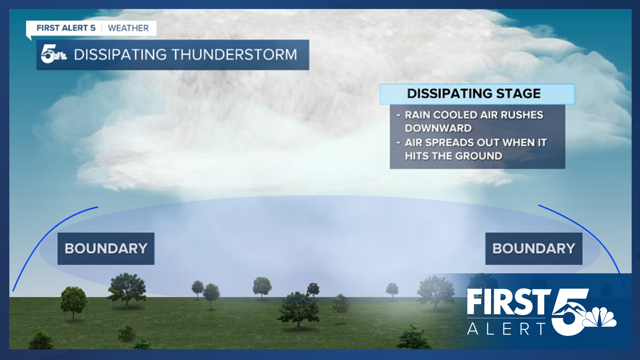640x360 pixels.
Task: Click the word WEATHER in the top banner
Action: tap(128, 28)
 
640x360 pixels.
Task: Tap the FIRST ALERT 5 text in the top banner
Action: tap(66, 28)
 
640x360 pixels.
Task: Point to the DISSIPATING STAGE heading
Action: tap(474, 94)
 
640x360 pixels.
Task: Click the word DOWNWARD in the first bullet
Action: tap(438, 128)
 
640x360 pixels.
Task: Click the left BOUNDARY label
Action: tap(106, 249)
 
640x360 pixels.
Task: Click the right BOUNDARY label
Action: tap(534, 249)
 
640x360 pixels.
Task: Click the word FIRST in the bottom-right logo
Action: tap(508, 302)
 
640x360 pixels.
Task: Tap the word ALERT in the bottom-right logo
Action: tap(506, 329)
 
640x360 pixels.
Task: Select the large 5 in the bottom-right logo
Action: tap(569, 312)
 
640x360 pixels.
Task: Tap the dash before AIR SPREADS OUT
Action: tap(398, 143)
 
